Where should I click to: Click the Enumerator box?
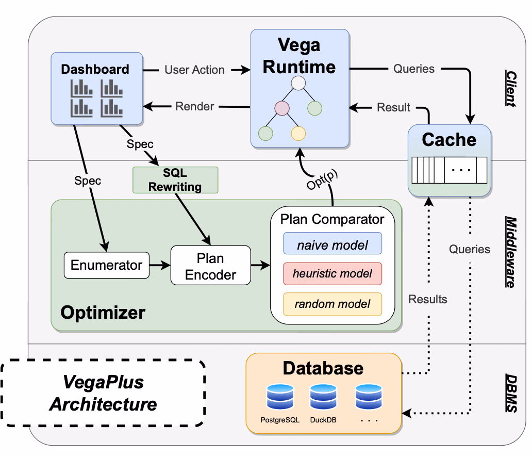pyautogui.click(x=107, y=265)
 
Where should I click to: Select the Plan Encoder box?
pyautogui.click(x=211, y=265)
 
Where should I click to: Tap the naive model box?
pyautogui.click(x=332, y=243)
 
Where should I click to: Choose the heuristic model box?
pyautogui.click(x=332, y=274)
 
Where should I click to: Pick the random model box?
pyautogui.click(x=332, y=304)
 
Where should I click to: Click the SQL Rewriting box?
pyautogui.click(x=175, y=180)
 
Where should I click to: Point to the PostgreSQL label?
pyautogui.click(x=280, y=420)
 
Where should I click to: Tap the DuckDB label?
pyautogui.click(x=323, y=420)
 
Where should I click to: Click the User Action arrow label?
pyautogui.click(x=194, y=70)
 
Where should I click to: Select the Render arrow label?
pyautogui.click(x=194, y=107)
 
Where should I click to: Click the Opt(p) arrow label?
pyautogui.click(x=322, y=179)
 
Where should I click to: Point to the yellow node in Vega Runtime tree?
pyautogui.click(x=298, y=134)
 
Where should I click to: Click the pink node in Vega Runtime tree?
pyautogui.click(x=282, y=108)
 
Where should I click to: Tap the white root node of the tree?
pyautogui.click(x=298, y=83)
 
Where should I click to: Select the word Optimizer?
pyautogui.click(x=103, y=313)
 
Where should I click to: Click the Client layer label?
pyautogui.click(x=511, y=89)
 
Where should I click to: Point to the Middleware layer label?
pyautogui.click(x=511, y=252)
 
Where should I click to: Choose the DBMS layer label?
pyautogui.click(x=511, y=393)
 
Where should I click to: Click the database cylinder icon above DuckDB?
pyautogui.click(x=323, y=397)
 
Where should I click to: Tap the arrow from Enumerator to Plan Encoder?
pyautogui.click(x=160, y=265)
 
